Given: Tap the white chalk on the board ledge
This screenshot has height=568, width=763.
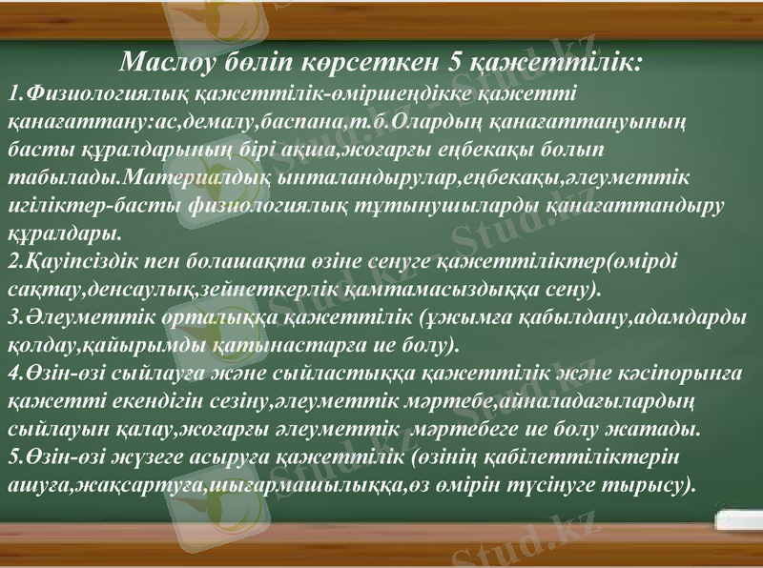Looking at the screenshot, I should [739, 520].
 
